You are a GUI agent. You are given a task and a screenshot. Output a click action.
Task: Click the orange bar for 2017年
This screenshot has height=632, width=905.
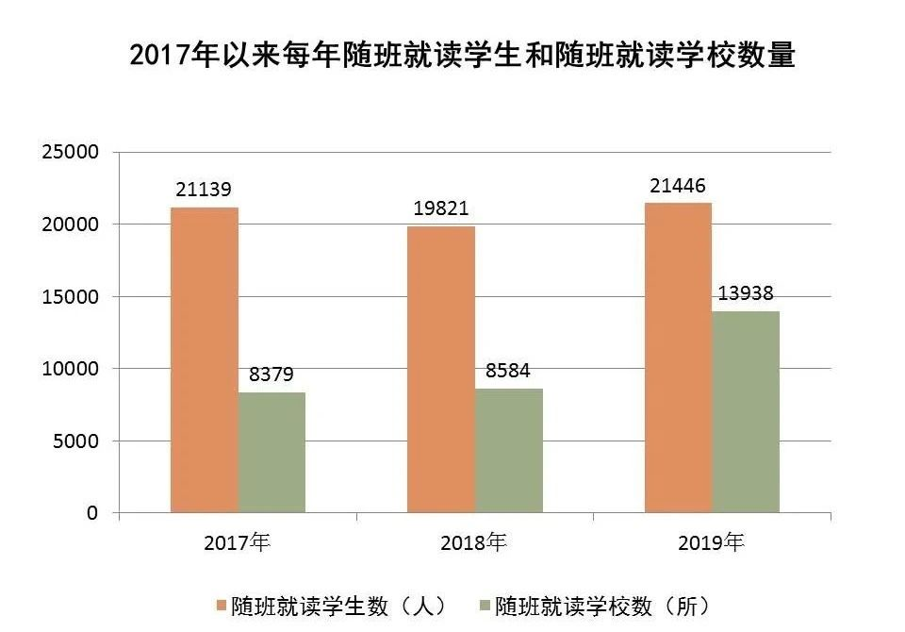pos(204,359)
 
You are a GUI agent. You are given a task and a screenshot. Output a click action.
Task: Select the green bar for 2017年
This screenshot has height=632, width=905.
pos(271,452)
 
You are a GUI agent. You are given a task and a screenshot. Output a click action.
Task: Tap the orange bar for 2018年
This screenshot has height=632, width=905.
pos(441,369)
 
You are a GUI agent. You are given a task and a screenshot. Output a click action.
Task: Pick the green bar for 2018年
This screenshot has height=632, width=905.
pos(509,450)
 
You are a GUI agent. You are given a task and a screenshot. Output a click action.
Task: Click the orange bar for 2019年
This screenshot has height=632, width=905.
pos(678,358)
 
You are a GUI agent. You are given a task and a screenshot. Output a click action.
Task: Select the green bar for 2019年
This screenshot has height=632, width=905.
pos(746,411)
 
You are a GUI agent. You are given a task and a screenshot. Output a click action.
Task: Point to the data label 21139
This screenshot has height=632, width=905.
pos(204,190)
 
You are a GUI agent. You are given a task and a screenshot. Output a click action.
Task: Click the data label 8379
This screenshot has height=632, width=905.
pos(271,374)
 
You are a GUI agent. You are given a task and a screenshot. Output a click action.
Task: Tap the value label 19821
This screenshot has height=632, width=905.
pos(441,208)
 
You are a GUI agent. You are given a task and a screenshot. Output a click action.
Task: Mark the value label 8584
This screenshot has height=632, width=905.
pos(509,371)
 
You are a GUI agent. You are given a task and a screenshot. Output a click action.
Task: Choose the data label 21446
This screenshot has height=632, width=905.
pos(678,185)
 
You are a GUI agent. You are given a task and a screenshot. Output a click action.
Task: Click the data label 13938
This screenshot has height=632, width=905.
pos(746,293)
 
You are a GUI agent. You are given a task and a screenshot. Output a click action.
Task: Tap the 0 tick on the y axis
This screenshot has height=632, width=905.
pos(92,513)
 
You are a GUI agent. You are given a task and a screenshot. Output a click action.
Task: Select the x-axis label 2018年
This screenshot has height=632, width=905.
pos(473,543)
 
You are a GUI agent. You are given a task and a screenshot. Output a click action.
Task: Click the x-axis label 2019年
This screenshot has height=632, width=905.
pos(711,543)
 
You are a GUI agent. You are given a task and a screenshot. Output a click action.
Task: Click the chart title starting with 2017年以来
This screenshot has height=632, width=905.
pos(462,54)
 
